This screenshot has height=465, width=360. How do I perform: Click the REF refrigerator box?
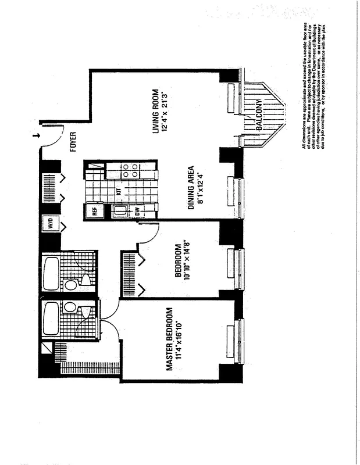click(x=94, y=212)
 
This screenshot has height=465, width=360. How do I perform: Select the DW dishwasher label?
click(x=137, y=212)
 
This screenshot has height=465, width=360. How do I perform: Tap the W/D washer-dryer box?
click(x=50, y=226)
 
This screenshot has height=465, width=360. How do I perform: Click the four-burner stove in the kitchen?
click(x=130, y=170)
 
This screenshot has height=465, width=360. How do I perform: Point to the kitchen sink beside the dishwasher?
click(x=119, y=211)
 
